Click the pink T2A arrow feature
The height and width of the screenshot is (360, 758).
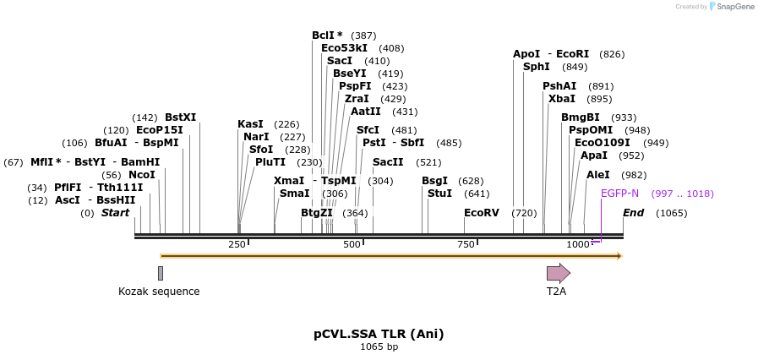558,273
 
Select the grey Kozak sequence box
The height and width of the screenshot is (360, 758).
161,273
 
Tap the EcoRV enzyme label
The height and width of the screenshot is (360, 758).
482,213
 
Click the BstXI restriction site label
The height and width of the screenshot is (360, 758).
180,117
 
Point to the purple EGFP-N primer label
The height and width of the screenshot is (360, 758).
619,194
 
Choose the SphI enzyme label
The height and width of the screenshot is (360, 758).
537,67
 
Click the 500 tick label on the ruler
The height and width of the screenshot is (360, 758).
352,244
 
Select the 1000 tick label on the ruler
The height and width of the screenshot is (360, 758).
579,244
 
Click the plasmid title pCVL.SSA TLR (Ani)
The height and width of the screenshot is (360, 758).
379,334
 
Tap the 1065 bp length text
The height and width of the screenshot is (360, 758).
379,347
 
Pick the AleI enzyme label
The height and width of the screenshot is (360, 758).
598,175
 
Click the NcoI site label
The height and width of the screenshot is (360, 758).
142,175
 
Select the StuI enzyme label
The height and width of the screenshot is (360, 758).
439,194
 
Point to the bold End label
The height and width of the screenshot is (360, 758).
633,213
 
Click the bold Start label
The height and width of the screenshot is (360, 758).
116,213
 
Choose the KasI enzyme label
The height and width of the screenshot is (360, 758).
250,124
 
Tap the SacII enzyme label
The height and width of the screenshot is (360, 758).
388,162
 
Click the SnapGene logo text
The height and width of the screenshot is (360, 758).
733,7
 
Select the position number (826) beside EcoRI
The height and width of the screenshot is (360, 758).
612,54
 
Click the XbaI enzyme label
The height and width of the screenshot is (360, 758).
561,99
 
